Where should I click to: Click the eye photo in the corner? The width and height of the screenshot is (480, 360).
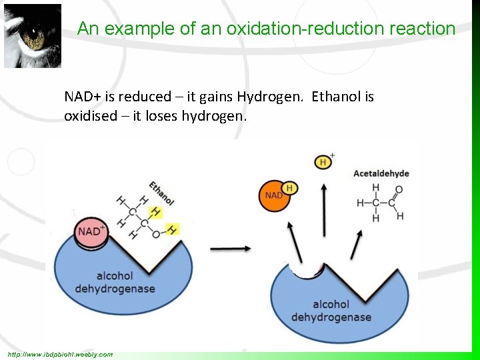click(33, 36)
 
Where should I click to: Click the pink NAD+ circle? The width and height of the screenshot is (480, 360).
click(92, 233)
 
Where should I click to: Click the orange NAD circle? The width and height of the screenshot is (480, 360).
click(274, 196)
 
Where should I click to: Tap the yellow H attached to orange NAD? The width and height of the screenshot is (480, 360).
click(289, 188)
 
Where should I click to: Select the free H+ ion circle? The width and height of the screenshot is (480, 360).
click(324, 161)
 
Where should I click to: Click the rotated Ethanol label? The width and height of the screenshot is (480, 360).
click(161, 193)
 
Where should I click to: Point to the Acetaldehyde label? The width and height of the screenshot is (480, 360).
click(381, 173)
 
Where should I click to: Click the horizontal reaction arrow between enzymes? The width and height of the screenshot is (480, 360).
click(231, 249)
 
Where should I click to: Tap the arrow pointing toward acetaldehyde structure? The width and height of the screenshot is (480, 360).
click(357, 243)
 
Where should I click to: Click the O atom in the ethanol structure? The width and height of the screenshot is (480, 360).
click(155, 234)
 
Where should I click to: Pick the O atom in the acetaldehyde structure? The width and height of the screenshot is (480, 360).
click(399, 189)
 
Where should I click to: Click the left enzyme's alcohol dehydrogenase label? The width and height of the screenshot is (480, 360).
click(115, 282)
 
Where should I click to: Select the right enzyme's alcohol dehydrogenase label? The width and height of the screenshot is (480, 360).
click(331, 311)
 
